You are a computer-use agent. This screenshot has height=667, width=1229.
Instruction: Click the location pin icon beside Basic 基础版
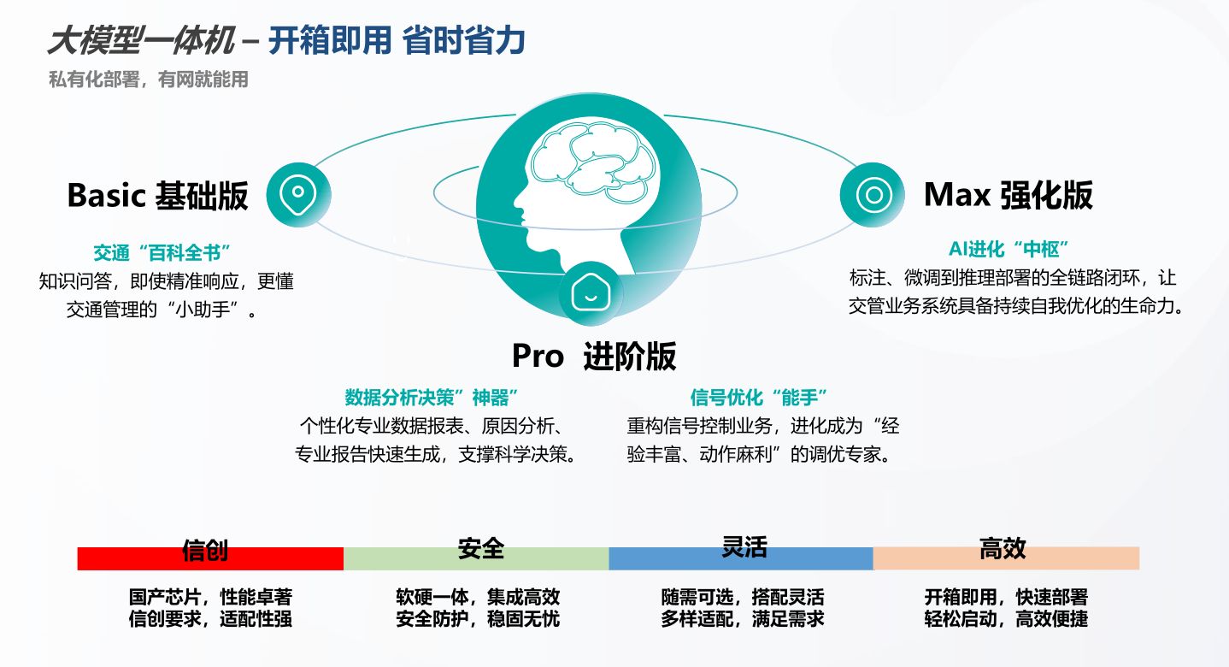pyautogui.click(x=298, y=194)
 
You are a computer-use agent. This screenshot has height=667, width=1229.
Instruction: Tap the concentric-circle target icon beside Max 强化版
pyautogui.click(x=873, y=195)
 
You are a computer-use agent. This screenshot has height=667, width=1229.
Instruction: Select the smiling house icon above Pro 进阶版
pyautogui.click(x=591, y=292)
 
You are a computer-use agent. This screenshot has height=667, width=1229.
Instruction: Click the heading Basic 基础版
pyautogui.click(x=157, y=196)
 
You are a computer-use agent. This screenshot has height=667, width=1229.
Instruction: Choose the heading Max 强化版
pyautogui.click(x=1008, y=195)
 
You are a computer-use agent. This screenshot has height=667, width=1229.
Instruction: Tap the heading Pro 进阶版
pyautogui.click(x=594, y=356)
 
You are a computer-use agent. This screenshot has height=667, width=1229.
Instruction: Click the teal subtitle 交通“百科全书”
pyautogui.click(x=162, y=253)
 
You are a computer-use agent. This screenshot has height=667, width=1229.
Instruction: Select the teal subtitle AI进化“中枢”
pyautogui.click(x=1008, y=249)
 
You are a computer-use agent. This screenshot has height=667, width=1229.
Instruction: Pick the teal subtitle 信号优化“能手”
pyautogui.click(x=759, y=398)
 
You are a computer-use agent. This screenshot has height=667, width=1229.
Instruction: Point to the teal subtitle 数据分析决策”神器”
pyautogui.click(x=432, y=398)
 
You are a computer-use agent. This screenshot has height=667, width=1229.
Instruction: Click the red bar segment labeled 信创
pyautogui.click(x=210, y=558)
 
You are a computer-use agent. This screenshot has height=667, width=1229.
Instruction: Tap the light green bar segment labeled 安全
pyautogui.click(x=476, y=558)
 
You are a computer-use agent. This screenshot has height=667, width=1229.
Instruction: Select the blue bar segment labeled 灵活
pyautogui.click(x=741, y=558)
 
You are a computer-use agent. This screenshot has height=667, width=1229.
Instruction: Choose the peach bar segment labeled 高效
pyautogui.click(x=1006, y=558)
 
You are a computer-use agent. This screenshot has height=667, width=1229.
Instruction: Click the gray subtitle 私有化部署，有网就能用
pyautogui.click(x=149, y=80)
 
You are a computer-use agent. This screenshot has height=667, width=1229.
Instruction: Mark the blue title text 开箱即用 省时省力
pyautogui.click(x=397, y=41)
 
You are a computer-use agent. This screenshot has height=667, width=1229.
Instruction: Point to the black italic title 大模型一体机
pyautogui.click(x=141, y=41)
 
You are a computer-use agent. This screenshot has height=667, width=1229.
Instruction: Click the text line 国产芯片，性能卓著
pyautogui.click(x=210, y=597)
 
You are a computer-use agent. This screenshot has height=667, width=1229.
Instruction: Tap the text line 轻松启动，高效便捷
pyautogui.click(x=1006, y=619)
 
